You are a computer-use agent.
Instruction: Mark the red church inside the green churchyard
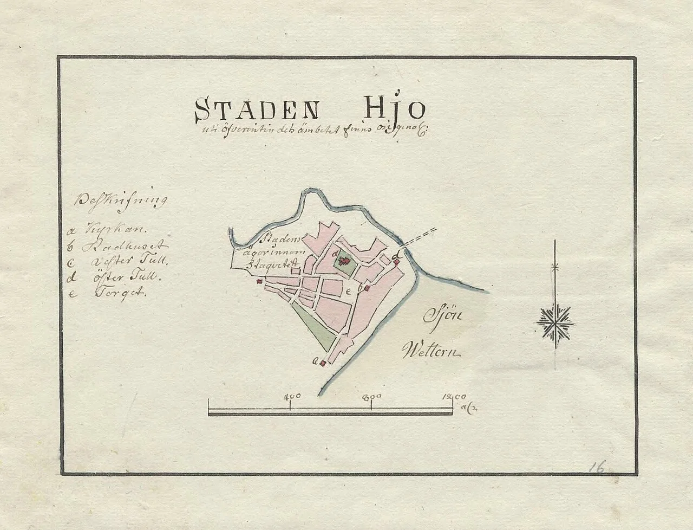(343, 263)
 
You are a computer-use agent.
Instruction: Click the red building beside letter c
(323, 363)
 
